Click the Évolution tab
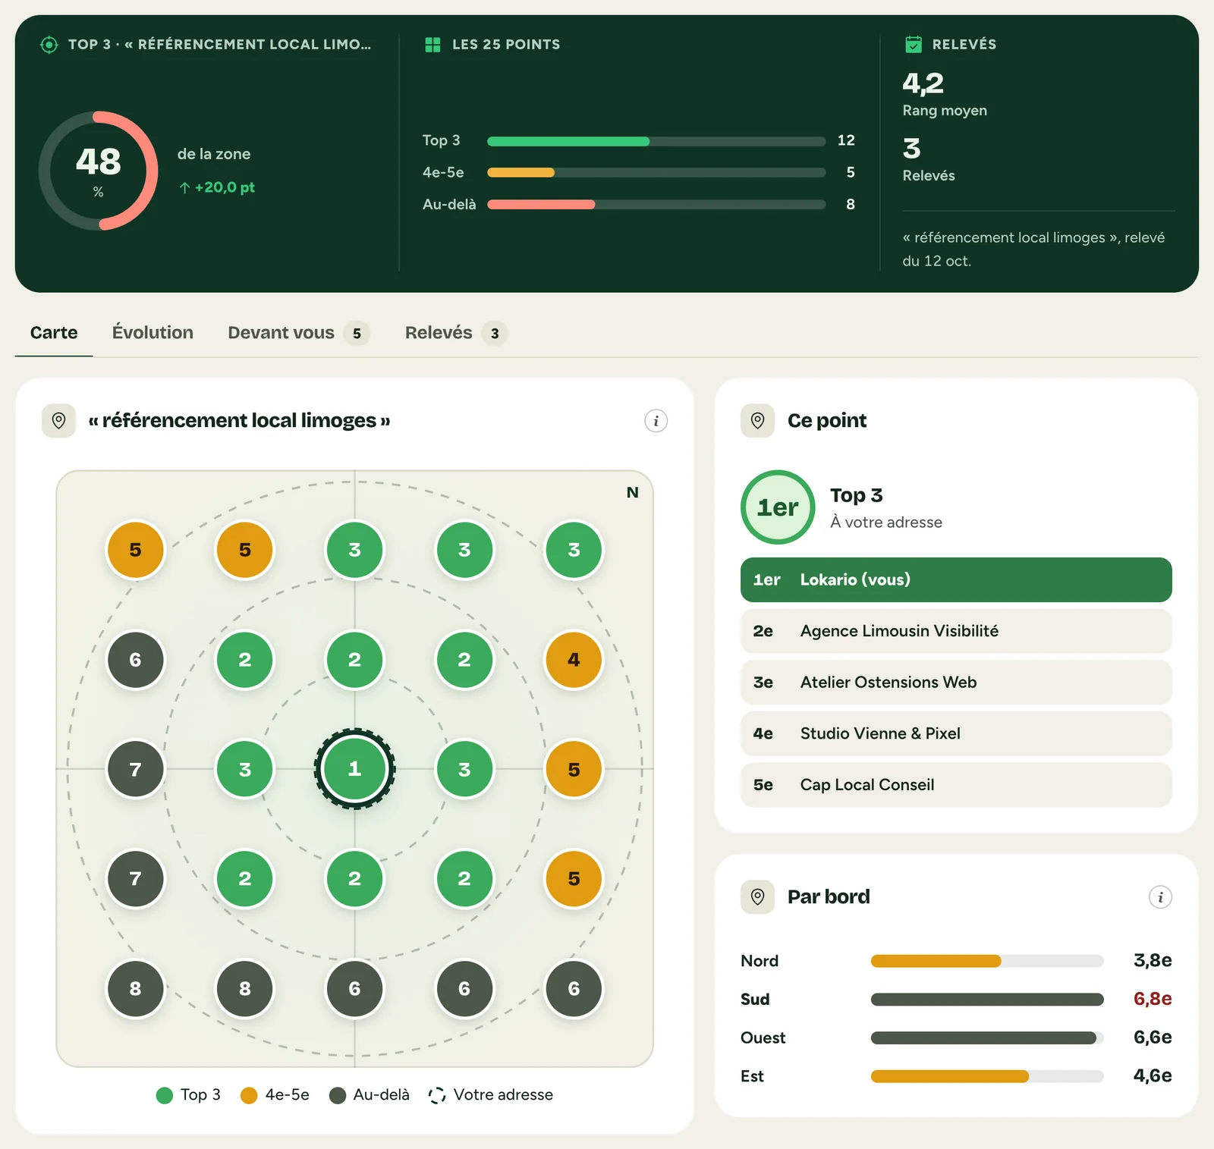pos(153,332)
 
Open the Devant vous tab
pos(298,333)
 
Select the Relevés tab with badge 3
pos(455,333)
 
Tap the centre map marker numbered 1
pos(354,769)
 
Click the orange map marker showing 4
pos(574,660)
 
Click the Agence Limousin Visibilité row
pos(956,631)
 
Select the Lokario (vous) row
pos(956,579)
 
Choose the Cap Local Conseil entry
pos(956,785)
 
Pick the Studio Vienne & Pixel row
pos(956,733)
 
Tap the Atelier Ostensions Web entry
pos(956,682)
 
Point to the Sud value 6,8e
pos(1153,999)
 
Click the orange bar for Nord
pos(936,961)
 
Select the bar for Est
pos(950,1076)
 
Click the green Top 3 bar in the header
pos(568,141)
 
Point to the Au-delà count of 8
pos(851,204)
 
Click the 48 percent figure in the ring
pos(99,162)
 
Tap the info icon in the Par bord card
pos(1160,897)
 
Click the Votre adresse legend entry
pos(491,1094)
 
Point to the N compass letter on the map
pos(632,492)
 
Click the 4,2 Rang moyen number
pos(923,83)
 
